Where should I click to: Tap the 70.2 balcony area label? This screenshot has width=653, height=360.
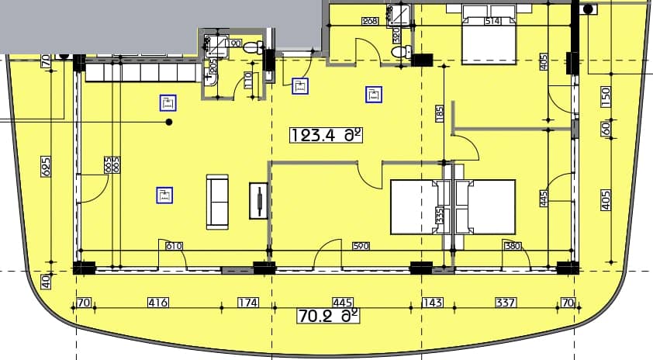point(329,316)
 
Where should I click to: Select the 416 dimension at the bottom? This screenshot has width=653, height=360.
point(158,303)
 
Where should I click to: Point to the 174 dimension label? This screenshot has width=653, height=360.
point(247,303)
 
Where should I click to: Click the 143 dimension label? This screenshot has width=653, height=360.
point(430,303)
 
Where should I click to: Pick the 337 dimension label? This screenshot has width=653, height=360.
point(505,303)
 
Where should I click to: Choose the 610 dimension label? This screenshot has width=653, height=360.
point(174,247)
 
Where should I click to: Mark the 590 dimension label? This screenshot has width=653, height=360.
point(361,247)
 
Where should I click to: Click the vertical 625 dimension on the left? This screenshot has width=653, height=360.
point(46,165)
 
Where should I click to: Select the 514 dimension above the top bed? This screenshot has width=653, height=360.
point(491,22)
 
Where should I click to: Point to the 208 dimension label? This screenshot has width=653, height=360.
point(370,22)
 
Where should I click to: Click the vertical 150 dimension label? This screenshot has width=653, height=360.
point(606,95)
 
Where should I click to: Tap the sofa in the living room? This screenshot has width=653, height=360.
point(217,202)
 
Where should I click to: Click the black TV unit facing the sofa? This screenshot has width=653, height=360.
point(258,202)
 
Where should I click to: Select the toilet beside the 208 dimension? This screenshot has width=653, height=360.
point(399,53)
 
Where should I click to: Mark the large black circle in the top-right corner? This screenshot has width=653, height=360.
point(588,9)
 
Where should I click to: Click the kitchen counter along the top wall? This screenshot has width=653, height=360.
point(142,72)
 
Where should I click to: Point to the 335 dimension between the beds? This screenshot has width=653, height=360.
point(441,215)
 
